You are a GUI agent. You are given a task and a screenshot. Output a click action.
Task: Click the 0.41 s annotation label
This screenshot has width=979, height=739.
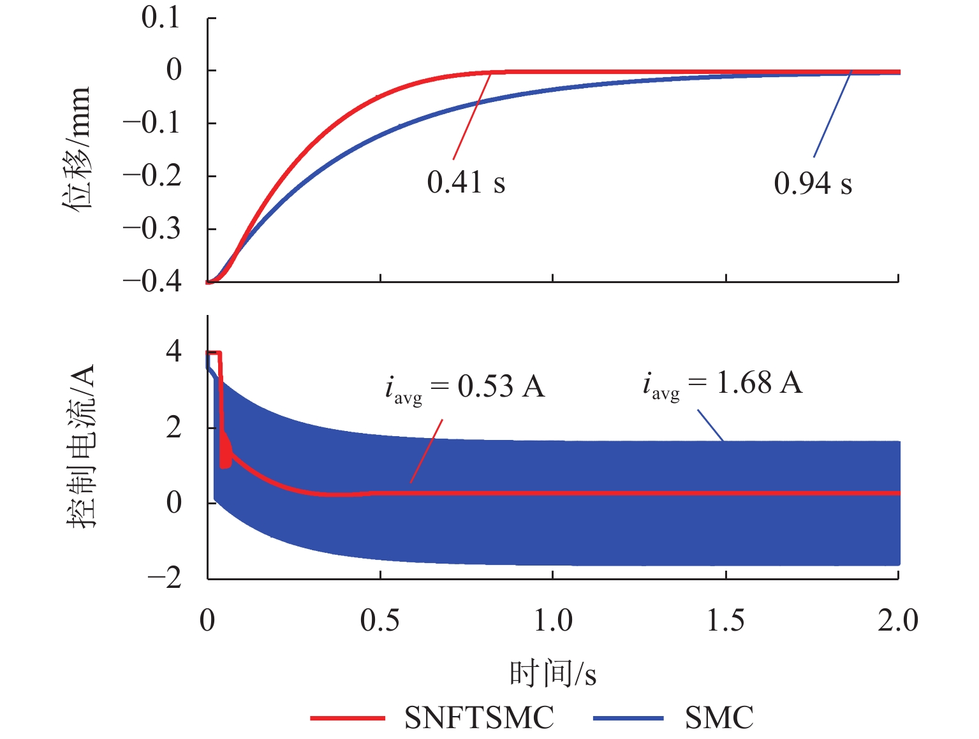point(466,182)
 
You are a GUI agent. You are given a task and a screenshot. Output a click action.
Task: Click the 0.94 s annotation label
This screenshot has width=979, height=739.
point(813,184)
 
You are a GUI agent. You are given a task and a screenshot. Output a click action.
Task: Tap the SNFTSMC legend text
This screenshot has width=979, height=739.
point(479,718)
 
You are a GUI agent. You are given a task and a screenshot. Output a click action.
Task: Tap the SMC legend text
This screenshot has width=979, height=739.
point(719,718)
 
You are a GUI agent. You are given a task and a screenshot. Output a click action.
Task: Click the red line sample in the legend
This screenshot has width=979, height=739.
point(348,719)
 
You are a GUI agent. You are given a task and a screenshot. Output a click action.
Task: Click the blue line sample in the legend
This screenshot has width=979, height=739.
point(628,719)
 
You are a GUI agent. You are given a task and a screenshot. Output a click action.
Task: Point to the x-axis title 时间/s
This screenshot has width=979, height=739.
point(552,673)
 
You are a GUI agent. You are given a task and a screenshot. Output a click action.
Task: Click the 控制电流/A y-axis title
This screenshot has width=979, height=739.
point(82,446)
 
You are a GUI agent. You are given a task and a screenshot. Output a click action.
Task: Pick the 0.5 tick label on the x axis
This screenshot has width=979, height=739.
point(379,620)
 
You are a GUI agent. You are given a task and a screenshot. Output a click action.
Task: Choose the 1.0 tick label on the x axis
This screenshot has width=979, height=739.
point(553,620)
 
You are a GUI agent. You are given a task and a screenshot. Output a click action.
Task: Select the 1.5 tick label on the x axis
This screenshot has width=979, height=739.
point(726,620)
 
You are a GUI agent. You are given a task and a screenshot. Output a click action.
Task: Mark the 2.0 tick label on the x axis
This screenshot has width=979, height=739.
point(897,620)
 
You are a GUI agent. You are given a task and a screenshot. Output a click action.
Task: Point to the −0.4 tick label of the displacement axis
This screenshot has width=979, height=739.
point(152,281)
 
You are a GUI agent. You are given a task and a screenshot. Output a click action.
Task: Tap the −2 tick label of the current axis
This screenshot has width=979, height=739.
point(165,578)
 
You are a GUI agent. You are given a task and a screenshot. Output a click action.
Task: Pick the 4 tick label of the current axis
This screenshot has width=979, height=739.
point(173,352)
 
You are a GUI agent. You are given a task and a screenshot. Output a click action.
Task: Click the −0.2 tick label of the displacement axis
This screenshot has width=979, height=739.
point(152,176)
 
